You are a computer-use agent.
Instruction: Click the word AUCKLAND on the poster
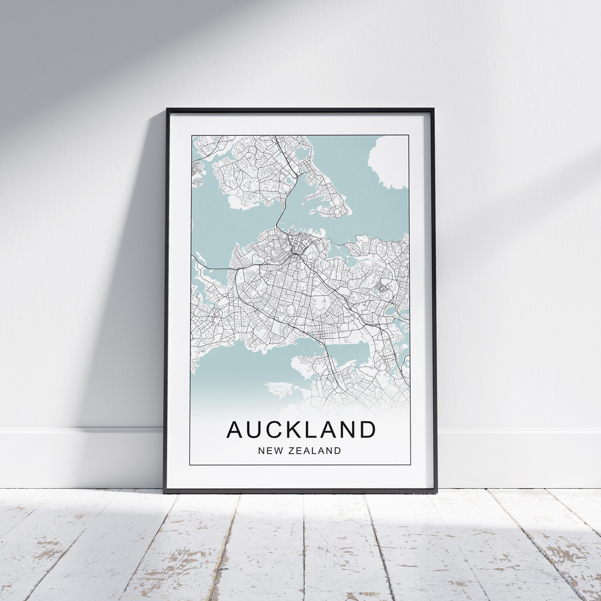(300, 429)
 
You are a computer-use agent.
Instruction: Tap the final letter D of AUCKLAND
(367, 429)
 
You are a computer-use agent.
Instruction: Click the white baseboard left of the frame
(78, 457)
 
